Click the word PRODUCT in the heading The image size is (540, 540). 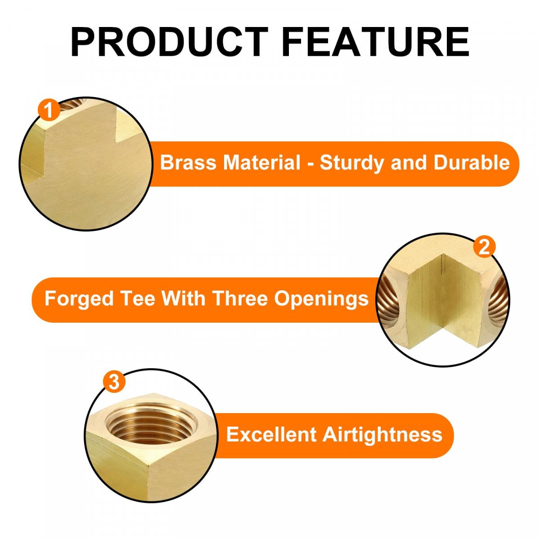pos(169,42)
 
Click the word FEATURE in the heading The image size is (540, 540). pos(375,42)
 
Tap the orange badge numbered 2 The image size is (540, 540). pos(484,247)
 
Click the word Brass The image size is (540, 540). pos(188,162)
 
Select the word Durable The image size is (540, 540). pos(472,162)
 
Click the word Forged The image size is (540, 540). pos(79,299)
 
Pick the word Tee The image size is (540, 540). pos(138,298)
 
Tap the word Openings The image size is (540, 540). pos(321,299)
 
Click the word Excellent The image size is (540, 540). pos(271,435)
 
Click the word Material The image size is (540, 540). pos(262,162)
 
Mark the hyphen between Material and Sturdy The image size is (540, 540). pos(310,164)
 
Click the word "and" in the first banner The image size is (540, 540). pos(409,162)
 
